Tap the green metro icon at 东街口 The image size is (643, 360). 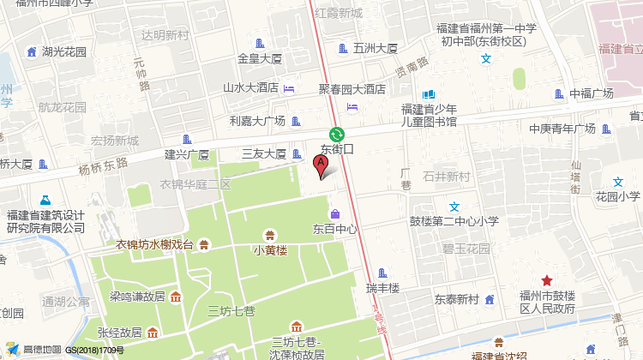coord(337,134)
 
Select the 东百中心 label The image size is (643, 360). coord(335,230)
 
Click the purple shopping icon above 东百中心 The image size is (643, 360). coord(334,213)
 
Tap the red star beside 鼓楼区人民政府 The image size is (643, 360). coord(546,281)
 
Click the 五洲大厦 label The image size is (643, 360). coord(376,49)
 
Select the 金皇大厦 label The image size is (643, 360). coord(260,59)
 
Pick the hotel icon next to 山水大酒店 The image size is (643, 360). coord(289,88)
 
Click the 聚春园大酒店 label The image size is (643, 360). coord(352,88)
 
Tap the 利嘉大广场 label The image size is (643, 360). coord(256,121)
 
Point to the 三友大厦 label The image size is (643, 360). coord(263,154)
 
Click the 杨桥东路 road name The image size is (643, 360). coord(103,165)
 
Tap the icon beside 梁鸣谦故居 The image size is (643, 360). coord(176,297)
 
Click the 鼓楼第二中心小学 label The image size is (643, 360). coord(454,221)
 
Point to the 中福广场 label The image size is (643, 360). coord(592,93)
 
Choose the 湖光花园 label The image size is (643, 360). coord(64,51)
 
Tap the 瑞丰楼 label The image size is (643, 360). coord(382,288)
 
